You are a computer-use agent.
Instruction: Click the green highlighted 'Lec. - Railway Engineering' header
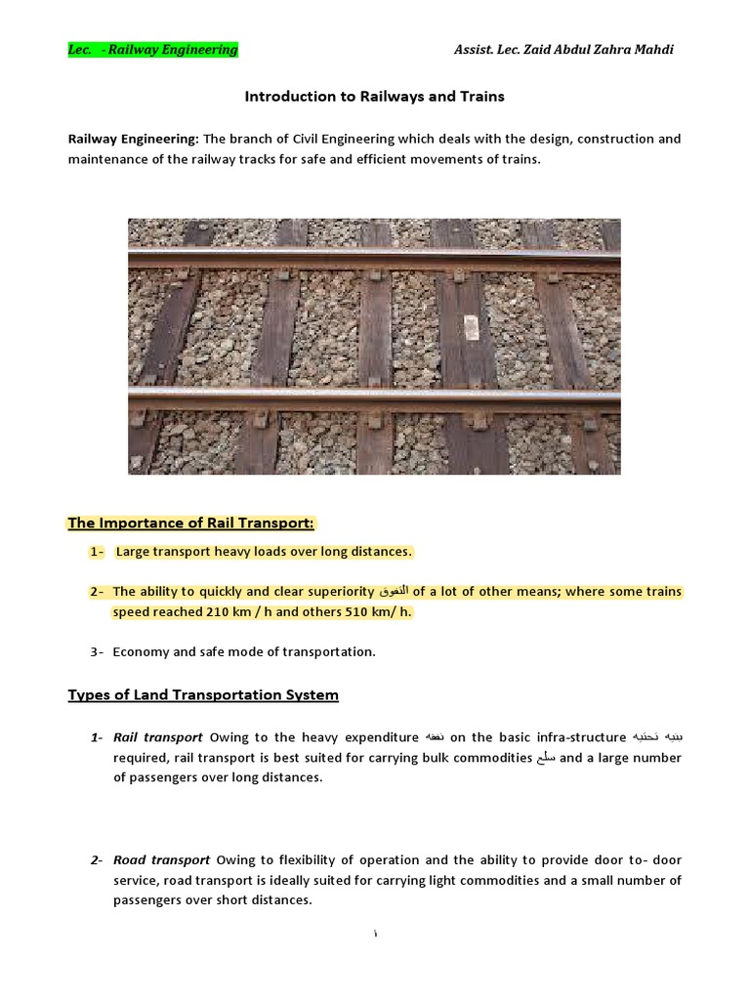pos(152,50)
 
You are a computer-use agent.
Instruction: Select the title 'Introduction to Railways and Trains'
pos(374,97)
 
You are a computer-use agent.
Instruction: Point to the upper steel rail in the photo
pos(374,259)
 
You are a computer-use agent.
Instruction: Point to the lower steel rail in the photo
pos(374,400)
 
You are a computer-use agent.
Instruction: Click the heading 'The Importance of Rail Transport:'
pos(191,522)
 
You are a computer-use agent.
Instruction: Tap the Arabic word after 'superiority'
pos(394,592)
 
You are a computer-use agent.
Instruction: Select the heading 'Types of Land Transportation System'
pos(203,695)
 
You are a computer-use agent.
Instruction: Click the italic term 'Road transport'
pos(161,860)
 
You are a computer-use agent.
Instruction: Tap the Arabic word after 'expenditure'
pos(434,737)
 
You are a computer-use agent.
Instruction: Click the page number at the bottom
pos(375,935)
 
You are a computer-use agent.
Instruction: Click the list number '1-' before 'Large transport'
pos(97,552)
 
